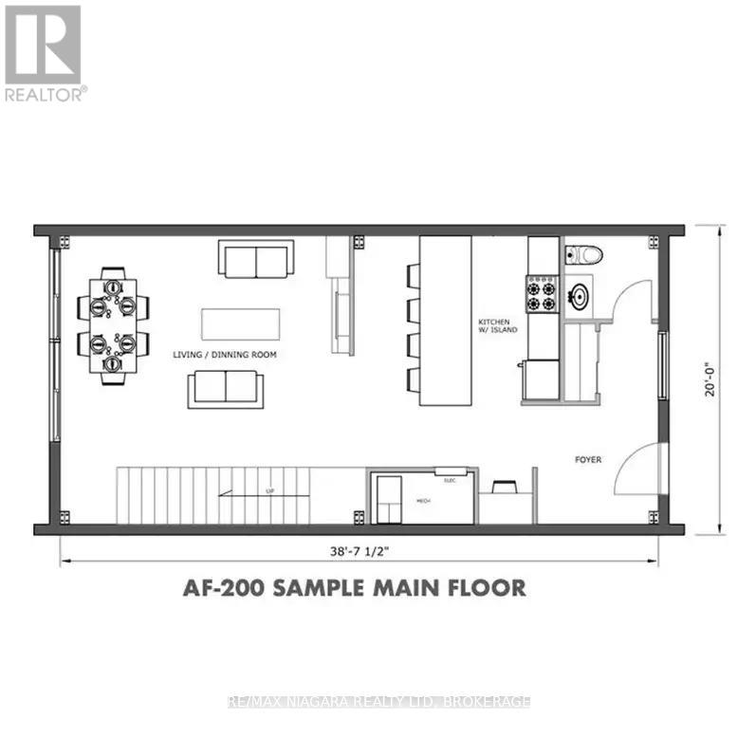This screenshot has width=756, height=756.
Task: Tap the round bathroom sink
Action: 579,297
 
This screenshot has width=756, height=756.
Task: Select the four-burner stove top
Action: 542,294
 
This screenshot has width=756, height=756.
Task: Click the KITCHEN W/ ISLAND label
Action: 500,327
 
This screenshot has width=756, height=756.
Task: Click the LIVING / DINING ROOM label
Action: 217,355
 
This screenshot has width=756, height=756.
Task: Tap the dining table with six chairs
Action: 113,324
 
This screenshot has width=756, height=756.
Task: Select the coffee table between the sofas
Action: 241,322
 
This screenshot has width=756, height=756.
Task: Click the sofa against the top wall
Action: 256,258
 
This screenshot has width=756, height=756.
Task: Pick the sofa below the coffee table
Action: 226,388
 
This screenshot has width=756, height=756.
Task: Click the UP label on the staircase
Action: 270,491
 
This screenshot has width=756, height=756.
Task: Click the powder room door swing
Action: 631,300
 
